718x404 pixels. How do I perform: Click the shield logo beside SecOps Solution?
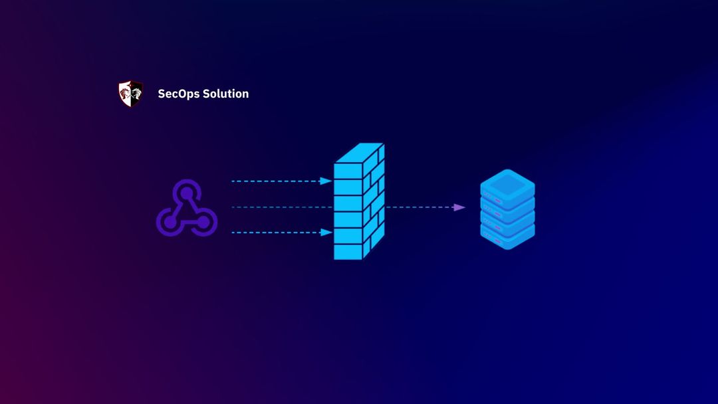[x=130, y=94]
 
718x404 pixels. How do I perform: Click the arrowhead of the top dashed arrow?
[x=326, y=181]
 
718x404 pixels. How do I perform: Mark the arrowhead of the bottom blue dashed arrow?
[x=326, y=233]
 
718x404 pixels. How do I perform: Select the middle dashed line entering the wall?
[x=279, y=207]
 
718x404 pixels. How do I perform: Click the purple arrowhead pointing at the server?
[x=459, y=207]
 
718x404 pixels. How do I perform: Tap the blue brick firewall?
[x=358, y=202]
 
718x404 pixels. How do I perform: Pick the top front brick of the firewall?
[x=348, y=169]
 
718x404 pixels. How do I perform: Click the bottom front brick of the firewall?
[x=348, y=252]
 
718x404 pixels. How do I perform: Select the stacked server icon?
[x=507, y=209]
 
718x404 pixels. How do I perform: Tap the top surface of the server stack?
[x=507, y=183]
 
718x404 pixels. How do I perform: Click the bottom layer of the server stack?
[x=507, y=236]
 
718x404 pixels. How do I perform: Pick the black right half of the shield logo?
[x=136, y=94]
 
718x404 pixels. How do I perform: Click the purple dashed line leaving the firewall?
[x=419, y=207]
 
